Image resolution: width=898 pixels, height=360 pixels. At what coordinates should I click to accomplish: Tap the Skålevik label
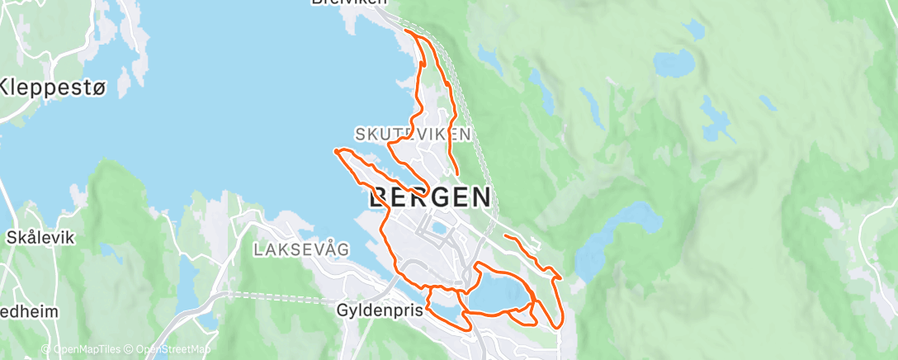coord(40,237)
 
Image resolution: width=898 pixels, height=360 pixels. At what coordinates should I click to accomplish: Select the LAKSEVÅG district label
coord(302,248)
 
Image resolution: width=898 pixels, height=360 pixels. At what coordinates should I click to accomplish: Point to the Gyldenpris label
coord(379,310)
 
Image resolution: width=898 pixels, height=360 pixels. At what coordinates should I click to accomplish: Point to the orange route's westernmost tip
coord(335,150)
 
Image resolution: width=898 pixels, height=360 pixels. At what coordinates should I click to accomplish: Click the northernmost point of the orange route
coord(406,31)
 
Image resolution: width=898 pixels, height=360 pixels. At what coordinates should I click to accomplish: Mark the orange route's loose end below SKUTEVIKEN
coord(456,173)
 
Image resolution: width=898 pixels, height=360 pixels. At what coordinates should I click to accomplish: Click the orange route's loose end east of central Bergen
coord(504,237)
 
